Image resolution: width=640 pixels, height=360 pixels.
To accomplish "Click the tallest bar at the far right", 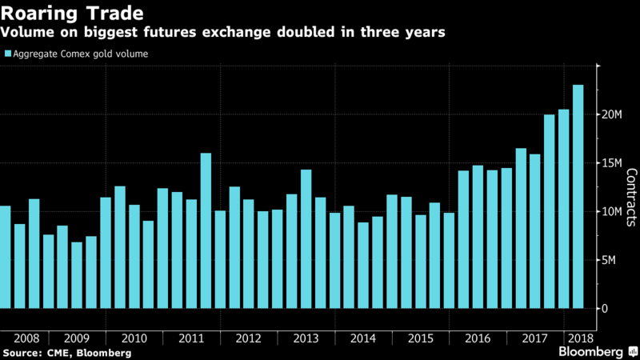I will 578,196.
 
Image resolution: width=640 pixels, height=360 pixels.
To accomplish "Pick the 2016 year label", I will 478,338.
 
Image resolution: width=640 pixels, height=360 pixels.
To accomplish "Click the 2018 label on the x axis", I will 578,338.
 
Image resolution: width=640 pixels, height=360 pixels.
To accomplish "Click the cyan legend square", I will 7,54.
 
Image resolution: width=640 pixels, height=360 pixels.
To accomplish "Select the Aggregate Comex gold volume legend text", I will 80,54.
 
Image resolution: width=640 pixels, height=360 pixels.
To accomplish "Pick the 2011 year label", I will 191,338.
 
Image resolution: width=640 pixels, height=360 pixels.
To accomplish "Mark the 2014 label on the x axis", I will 363,338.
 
